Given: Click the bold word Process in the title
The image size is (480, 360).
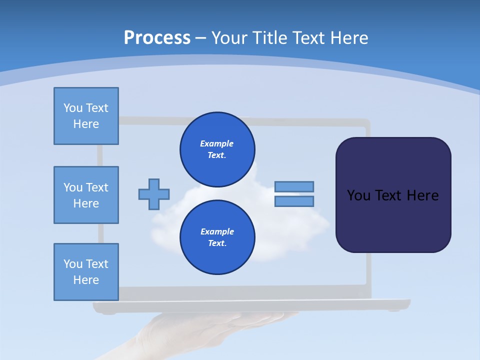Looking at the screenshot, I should pos(157,38).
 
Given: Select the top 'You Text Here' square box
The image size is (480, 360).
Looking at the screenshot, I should pos(86,116).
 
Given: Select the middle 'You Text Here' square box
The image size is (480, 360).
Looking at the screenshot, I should pos(86,195).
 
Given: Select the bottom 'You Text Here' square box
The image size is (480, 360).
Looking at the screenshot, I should pos(86,272).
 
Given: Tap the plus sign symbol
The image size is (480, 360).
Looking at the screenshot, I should pos(154,194).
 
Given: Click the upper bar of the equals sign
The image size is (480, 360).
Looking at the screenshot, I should pos(294,186).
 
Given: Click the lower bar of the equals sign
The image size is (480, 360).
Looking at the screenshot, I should pos(294,201).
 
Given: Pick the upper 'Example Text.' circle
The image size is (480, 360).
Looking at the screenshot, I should pos(217,149).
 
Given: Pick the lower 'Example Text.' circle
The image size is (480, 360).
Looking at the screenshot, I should pos(217,237).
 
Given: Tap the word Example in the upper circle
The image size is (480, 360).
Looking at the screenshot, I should pos(217,143).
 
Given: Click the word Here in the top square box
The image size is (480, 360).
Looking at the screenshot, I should pos(86,124).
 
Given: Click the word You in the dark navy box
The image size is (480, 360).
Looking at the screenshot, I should pos(358,195).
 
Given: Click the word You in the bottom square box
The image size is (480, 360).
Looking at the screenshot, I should pos(73,264).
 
